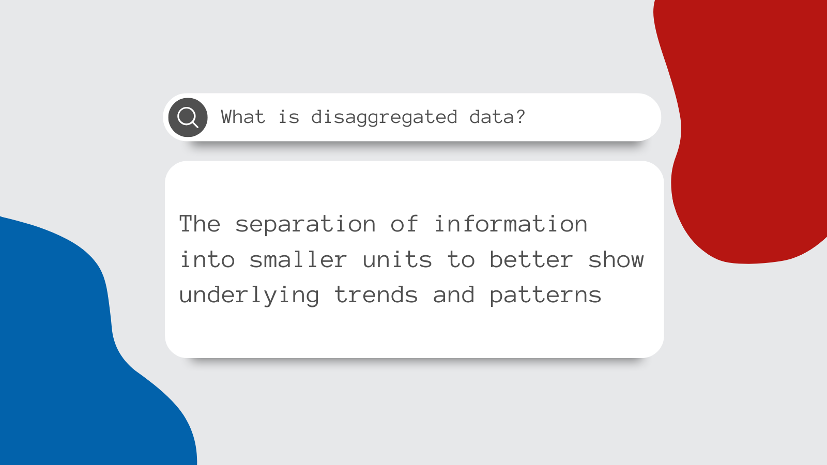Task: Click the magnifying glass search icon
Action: pyautogui.click(x=188, y=117)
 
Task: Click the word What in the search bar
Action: pyautogui.click(x=243, y=117)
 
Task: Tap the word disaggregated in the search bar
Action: pyautogui.click(x=384, y=118)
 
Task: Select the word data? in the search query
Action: pyautogui.click(x=497, y=117)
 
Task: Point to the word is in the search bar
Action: pyautogui.click(x=288, y=117)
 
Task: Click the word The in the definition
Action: pyautogui.click(x=200, y=224)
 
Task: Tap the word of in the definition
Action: pyautogui.click(x=404, y=224)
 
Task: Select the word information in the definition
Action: pyautogui.click(x=511, y=224)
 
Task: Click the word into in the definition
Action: pyautogui.click(x=207, y=259)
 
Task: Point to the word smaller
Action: pyautogui.click(x=298, y=259)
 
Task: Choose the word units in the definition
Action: pyautogui.click(x=397, y=259)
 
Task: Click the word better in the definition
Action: pyautogui.click(x=531, y=259)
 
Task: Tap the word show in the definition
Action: pyautogui.click(x=616, y=259)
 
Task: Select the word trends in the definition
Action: pyautogui.click(x=376, y=295)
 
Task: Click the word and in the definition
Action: pyautogui.click(x=453, y=295)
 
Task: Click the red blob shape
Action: pyautogui.click(x=749, y=129)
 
